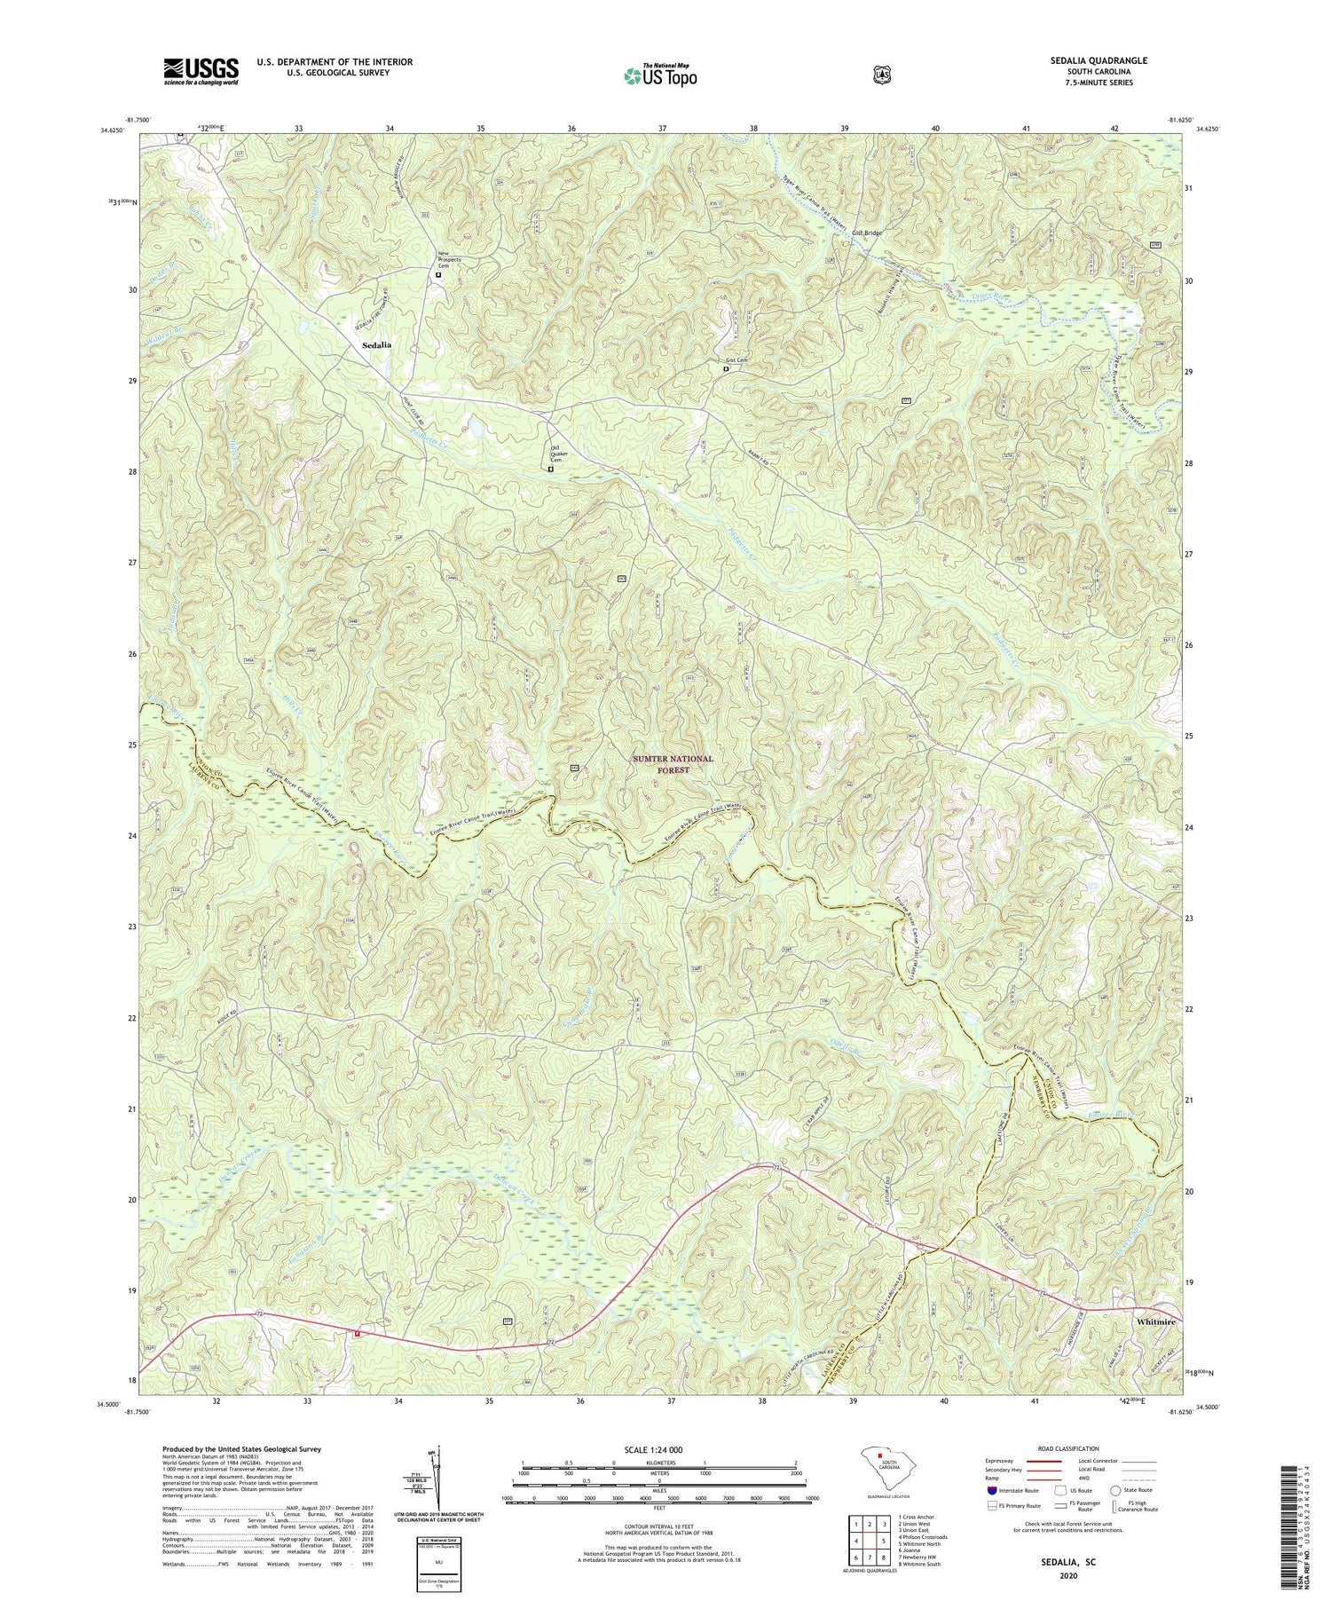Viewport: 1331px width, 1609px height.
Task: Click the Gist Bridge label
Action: click(867, 233)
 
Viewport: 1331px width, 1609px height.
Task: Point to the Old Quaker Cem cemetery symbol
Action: click(550, 469)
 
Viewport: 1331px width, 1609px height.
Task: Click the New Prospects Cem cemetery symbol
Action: click(438, 275)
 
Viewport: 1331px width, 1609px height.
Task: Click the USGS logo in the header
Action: click(201, 71)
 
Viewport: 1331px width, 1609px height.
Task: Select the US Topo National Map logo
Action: click(660, 75)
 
